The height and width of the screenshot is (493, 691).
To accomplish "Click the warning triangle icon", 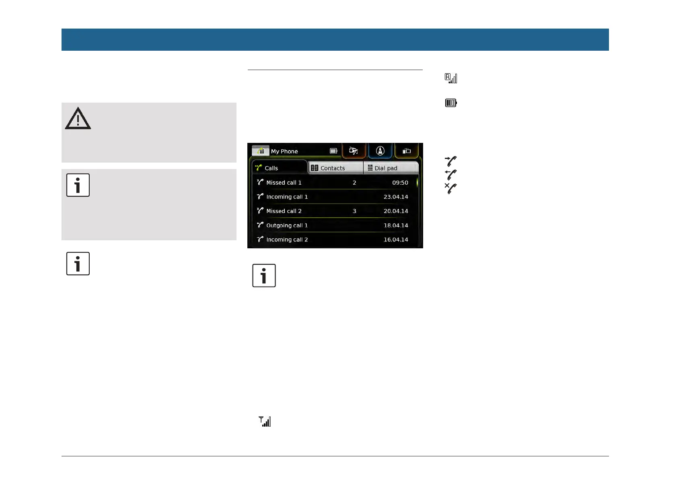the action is (78, 119).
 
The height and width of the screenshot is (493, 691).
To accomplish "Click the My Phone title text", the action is (284, 151).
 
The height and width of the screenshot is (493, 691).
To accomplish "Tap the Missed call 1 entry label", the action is (284, 183).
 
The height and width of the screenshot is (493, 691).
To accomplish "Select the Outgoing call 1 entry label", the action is (287, 225).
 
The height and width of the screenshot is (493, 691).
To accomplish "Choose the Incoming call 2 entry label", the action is (287, 239).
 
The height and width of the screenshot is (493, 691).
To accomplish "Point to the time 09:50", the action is (400, 183).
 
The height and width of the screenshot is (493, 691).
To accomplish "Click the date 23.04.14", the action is (396, 197).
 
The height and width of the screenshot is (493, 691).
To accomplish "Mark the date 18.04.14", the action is (396, 225).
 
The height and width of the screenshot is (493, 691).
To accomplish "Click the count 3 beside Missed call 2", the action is (354, 211).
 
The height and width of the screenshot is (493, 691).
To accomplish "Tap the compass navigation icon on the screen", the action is (380, 151).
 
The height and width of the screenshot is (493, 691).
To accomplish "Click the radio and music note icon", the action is (354, 151).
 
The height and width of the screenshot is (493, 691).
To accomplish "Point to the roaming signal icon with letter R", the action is (451, 78).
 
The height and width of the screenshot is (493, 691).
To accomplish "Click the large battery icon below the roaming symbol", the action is (451, 103).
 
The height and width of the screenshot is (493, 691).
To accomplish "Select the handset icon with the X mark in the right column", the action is (450, 188).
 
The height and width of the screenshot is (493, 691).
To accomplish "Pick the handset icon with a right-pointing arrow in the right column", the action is (450, 161).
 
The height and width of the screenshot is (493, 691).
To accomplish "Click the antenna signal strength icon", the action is (265, 421).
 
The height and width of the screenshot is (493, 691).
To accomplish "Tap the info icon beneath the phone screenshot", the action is (264, 276).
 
